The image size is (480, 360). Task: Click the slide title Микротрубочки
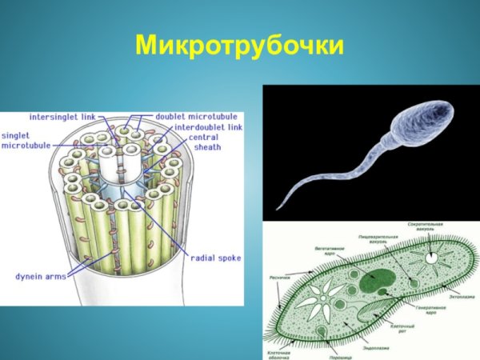[239, 46]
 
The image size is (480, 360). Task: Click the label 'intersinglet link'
[62, 117]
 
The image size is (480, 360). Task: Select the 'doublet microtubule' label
[193, 117]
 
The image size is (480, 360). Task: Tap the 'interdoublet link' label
[209, 126]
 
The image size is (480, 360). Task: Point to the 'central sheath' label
[206, 142]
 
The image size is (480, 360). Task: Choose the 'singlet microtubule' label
[26, 141]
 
